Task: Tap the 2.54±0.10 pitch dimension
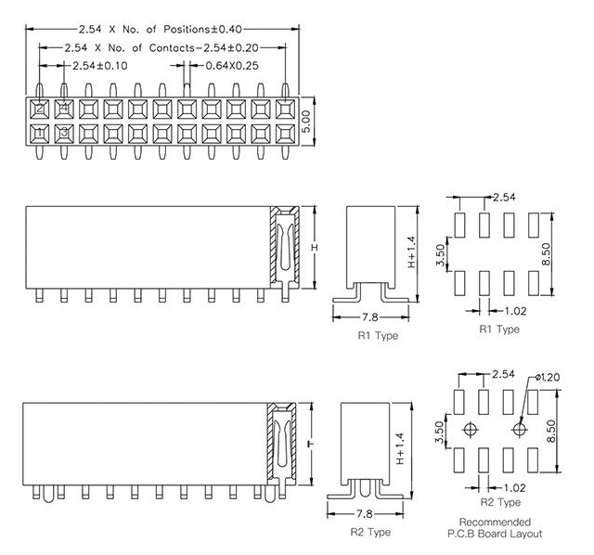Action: tap(101, 65)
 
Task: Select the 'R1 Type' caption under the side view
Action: tap(377, 335)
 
